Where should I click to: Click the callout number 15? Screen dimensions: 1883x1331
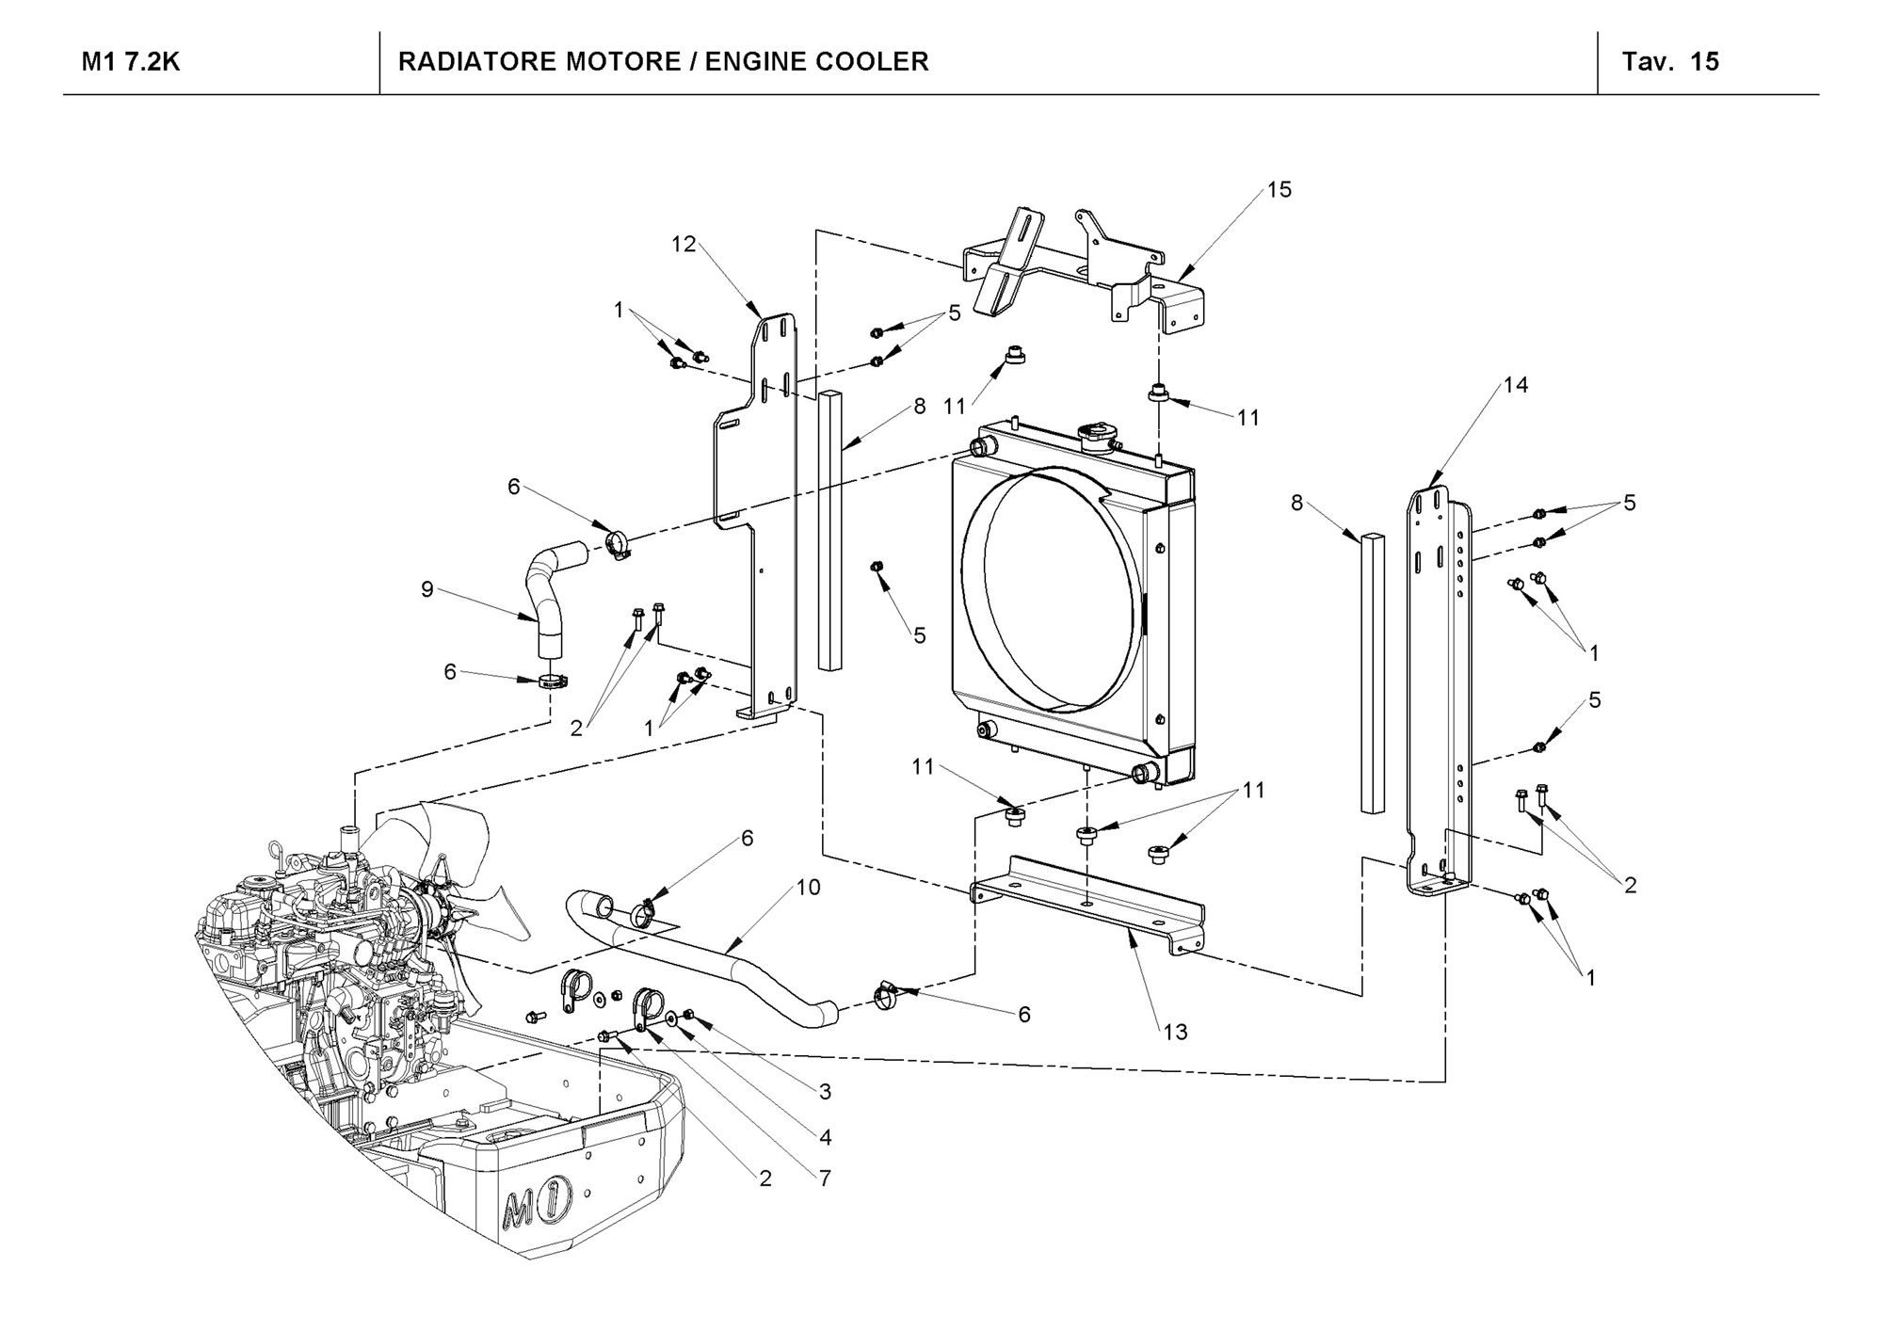coord(1279,190)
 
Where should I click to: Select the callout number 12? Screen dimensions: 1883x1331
coord(684,245)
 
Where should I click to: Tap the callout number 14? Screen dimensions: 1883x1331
coord(1516,385)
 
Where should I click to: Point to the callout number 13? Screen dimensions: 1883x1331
coord(1175,1033)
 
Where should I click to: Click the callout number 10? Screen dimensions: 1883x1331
coord(808,887)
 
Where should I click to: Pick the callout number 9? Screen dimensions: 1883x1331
coord(427,590)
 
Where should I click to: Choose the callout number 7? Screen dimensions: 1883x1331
coord(825,1179)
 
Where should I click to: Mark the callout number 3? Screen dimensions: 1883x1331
coord(825,1093)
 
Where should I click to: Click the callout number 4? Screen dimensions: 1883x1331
coord(825,1138)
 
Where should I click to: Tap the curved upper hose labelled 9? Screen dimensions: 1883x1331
coord(551,593)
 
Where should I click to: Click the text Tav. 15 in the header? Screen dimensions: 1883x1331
coord(1670,62)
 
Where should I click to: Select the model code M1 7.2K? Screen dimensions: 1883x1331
coord(131,62)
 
